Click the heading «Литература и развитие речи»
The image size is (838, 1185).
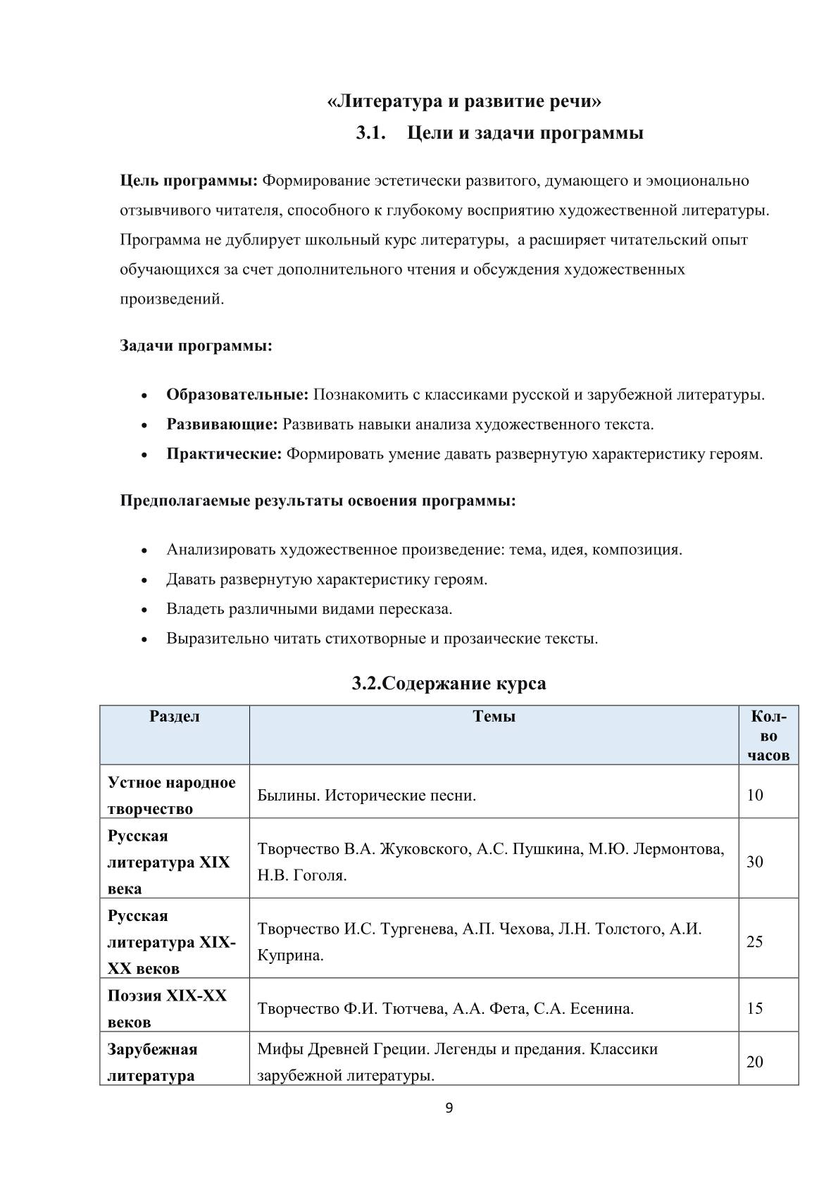click(465, 102)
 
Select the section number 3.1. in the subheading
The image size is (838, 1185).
click(371, 133)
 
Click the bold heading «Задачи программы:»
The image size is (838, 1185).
click(196, 346)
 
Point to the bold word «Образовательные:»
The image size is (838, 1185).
click(237, 395)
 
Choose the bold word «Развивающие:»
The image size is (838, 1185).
click(222, 425)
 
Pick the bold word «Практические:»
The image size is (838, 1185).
click(224, 454)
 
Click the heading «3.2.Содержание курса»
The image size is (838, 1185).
click(449, 684)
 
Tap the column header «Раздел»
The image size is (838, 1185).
click(175, 717)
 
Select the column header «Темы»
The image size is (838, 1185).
click(494, 717)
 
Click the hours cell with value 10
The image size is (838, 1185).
click(755, 796)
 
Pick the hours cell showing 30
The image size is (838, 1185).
click(755, 862)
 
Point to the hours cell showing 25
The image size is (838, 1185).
click(755, 942)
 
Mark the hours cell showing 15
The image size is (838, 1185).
click(755, 1009)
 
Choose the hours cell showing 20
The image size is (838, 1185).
click(755, 1062)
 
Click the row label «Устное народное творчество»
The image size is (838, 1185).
click(172, 796)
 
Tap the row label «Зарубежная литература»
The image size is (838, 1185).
click(152, 1062)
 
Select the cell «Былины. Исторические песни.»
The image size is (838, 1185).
click(367, 796)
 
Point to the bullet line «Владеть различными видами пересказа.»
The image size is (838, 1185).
click(309, 609)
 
